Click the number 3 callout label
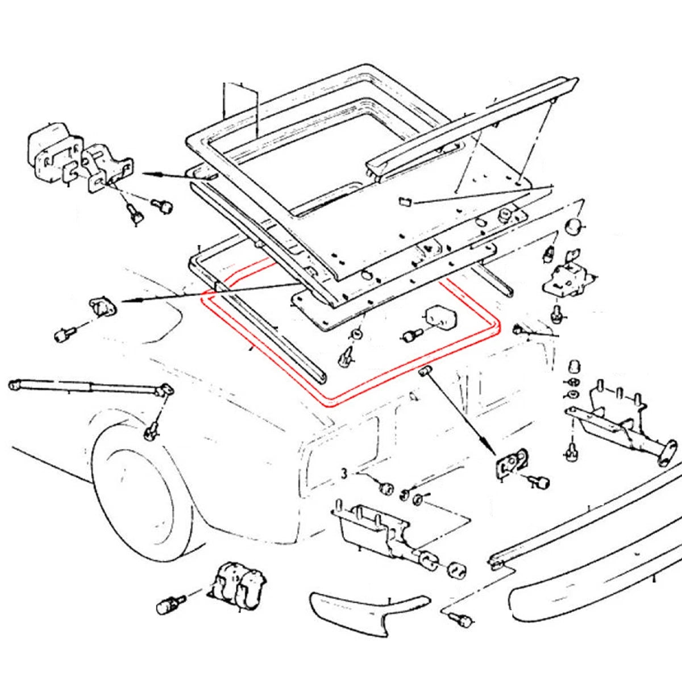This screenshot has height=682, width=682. pos(344,474)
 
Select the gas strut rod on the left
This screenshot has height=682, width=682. pos(91,389)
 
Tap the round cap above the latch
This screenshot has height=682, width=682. pos(575,227)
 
